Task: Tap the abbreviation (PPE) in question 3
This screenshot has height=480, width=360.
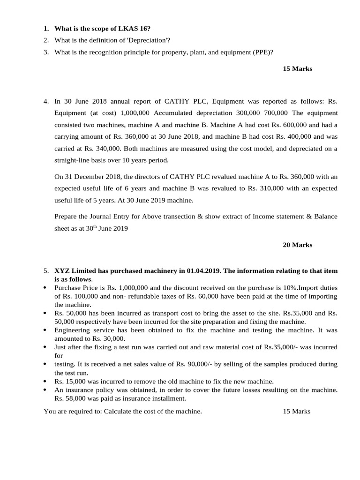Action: coord(263,52)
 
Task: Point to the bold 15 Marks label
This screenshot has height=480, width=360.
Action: coord(297,69)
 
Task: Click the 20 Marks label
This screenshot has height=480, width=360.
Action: coord(297,245)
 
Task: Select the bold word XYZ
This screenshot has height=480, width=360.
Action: coord(62,271)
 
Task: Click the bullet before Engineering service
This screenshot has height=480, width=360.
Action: coord(45,330)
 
